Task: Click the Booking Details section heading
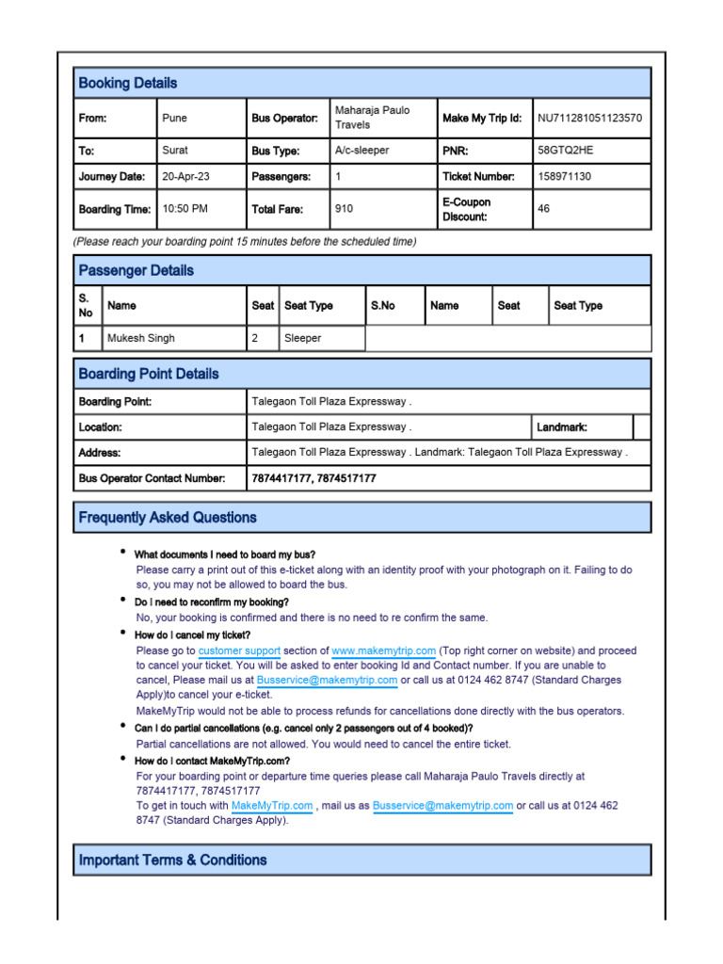pyautogui.click(x=128, y=83)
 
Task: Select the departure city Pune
pyautogui.click(x=175, y=118)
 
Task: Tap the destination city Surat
pyautogui.click(x=175, y=150)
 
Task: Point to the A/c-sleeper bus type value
pyautogui.click(x=361, y=150)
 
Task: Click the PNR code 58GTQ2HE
pyautogui.click(x=565, y=150)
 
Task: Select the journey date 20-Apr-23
pyautogui.click(x=186, y=176)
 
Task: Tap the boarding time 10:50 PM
pyautogui.click(x=186, y=209)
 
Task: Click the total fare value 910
pyautogui.click(x=345, y=209)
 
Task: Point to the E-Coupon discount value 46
pyautogui.click(x=543, y=209)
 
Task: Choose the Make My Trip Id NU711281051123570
pyautogui.click(x=589, y=118)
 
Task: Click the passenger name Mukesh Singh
pyautogui.click(x=141, y=338)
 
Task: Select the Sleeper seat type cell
pyautogui.click(x=302, y=338)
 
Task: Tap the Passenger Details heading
pyautogui.click(x=137, y=270)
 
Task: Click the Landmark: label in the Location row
pyautogui.click(x=562, y=426)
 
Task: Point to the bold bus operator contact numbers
pyautogui.click(x=313, y=478)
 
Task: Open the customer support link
pyautogui.click(x=239, y=651)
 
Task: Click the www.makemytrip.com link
pyautogui.click(x=383, y=651)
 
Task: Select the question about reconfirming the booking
pyautogui.click(x=211, y=602)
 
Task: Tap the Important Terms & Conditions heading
pyautogui.click(x=173, y=860)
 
